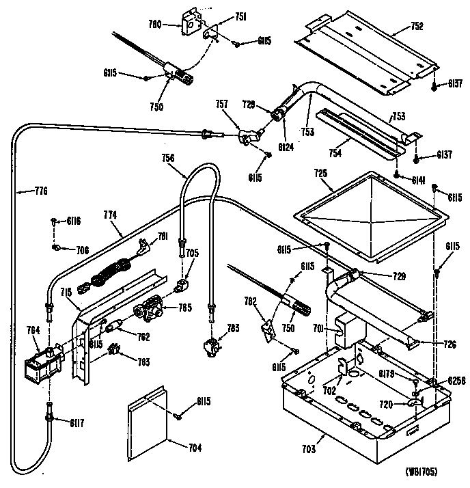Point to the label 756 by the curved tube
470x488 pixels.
(168, 158)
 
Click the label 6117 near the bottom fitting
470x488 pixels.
(77, 421)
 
